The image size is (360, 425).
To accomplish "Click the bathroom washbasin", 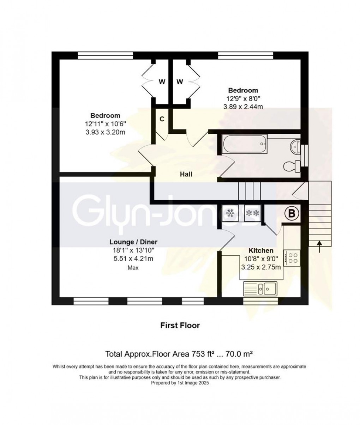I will click(x=295, y=145).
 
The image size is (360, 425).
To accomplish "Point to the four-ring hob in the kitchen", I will click(x=292, y=257).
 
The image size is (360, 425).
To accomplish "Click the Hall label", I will click(x=186, y=174).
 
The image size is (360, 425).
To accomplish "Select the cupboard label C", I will click(x=162, y=119).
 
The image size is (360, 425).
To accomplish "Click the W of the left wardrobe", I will click(x=162, y=82).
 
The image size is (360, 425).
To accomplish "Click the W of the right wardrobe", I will click(x=180, y=82).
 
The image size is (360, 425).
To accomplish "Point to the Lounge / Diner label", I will click(x=133, y=242).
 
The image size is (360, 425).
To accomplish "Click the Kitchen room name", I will click(x=261, y=250).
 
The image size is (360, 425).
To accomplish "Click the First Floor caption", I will click(x=180, y=325).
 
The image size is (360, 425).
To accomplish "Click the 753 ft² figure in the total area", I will click(x=205, y=353).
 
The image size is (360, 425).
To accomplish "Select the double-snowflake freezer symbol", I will click(x=252, y=213).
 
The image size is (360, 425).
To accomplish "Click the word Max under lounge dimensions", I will click(x=133, y=268).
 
